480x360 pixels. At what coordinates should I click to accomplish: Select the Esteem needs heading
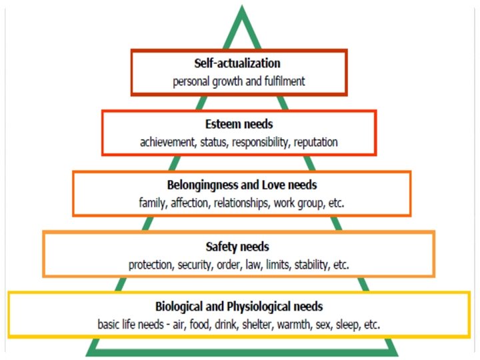pyautogui.click(x=239, y=124)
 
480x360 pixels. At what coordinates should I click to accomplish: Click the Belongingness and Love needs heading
pyautogui.click(x=241, y=184)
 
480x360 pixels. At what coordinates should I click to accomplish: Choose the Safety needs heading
pyautogui.click(x=239, y=247)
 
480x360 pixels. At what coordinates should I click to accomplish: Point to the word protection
pyautogui.click(x=151, y=265)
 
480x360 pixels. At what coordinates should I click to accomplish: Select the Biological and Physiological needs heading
pyautogui.click(x=239, y=307)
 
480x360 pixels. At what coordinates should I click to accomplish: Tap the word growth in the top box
pyautogui.click(x=233, y=82)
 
